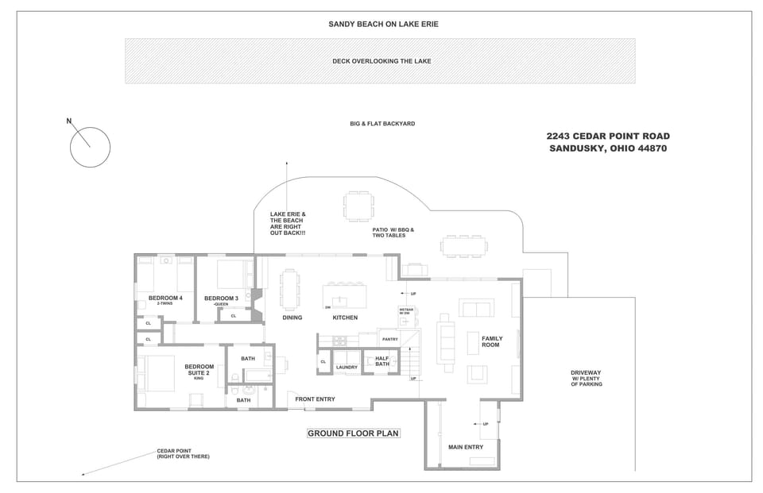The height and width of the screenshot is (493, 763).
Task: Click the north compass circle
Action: [x=90, y=147]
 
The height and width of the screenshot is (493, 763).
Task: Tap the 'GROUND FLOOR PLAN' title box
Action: [x=354, y=433]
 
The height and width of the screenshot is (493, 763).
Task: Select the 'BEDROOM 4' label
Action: [x=165, y=298]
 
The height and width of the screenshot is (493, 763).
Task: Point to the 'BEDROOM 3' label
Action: [x=221, y=299]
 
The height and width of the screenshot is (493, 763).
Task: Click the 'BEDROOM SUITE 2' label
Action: [x=199, y=370]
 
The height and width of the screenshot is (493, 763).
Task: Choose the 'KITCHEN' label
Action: [x=345, y=318]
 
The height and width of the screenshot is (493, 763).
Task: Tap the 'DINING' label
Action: [x=292, y=318]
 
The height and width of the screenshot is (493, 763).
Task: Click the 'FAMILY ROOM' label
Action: [x=491, y=342]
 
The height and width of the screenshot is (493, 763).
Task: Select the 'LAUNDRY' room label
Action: [x=347, y=368]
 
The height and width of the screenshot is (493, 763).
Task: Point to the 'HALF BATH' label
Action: [x=382, y=361]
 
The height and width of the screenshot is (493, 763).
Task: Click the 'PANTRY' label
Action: [x=389, y=340]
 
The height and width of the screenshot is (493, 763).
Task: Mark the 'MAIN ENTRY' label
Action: [x=466, y=447]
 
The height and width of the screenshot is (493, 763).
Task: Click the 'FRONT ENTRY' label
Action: [x=315, y=399]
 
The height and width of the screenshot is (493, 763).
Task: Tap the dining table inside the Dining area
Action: [x=289, y=290]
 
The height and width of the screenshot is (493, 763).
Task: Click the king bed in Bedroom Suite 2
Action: [x=157, y=373]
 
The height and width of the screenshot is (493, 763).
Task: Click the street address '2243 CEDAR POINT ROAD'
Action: [x=609, y=137]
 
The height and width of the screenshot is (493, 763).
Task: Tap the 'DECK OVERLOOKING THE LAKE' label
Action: [x=381, y=61]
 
